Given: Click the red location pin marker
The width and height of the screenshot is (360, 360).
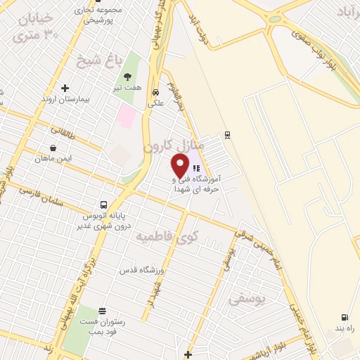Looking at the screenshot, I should pyautogui.click(x=181, y=165).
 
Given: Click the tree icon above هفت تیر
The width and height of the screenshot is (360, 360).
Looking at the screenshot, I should pyautogui.click(x=127, y=77).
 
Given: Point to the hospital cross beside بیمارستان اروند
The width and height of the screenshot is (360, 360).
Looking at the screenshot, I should pyautogui.click(x=65, y=89).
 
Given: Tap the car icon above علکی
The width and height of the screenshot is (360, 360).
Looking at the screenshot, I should pyautogui.click(x=155, y=91).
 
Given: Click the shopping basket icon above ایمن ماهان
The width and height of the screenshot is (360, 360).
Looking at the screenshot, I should pyautogui.click(x=53, y=148).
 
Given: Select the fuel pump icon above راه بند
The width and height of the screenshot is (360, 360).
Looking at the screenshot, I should pyautogui.click(x=344, y=318).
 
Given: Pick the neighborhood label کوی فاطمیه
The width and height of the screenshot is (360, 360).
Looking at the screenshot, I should pyautogui.click(x=168, y=236).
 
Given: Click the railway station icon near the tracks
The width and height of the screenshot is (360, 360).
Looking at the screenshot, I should pyautogui.click(x=227, y=134).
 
